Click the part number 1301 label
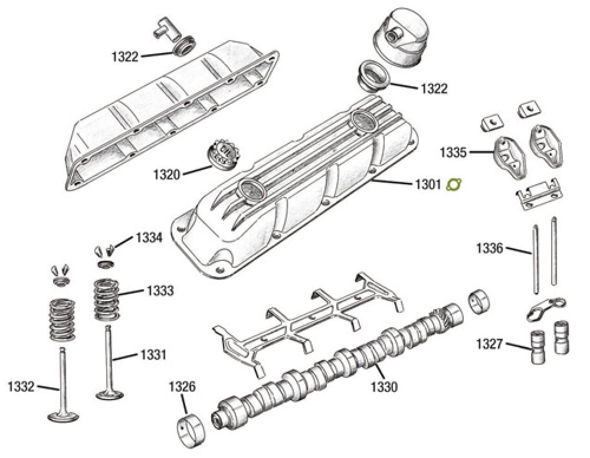coord(425,185)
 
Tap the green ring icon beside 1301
coord(454,185)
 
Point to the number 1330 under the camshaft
coord(384,388)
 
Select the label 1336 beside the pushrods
coord(490,248)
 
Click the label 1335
coord(453,153)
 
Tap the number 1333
coord(160,291)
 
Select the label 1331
coord(153,355)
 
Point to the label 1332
coord(22,387)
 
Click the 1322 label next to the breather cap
coord(434,89)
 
